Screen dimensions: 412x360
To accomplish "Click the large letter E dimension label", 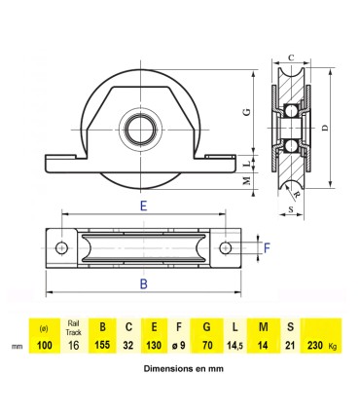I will [x=144, y=206].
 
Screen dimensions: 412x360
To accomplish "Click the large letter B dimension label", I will [x=144, y=283].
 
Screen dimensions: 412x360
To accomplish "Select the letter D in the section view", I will [x=325, y=128].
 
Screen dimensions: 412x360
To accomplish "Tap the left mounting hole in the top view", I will [x=63, y=248].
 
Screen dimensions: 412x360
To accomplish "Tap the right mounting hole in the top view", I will [x=226, y=248].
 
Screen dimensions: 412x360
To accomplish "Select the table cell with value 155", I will [x=100, y=345].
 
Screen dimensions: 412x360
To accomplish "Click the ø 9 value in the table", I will [x=180, y=345].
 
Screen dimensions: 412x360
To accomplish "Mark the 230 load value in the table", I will [x=313, y=345].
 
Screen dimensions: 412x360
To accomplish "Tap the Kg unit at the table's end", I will [x=336, y=346].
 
